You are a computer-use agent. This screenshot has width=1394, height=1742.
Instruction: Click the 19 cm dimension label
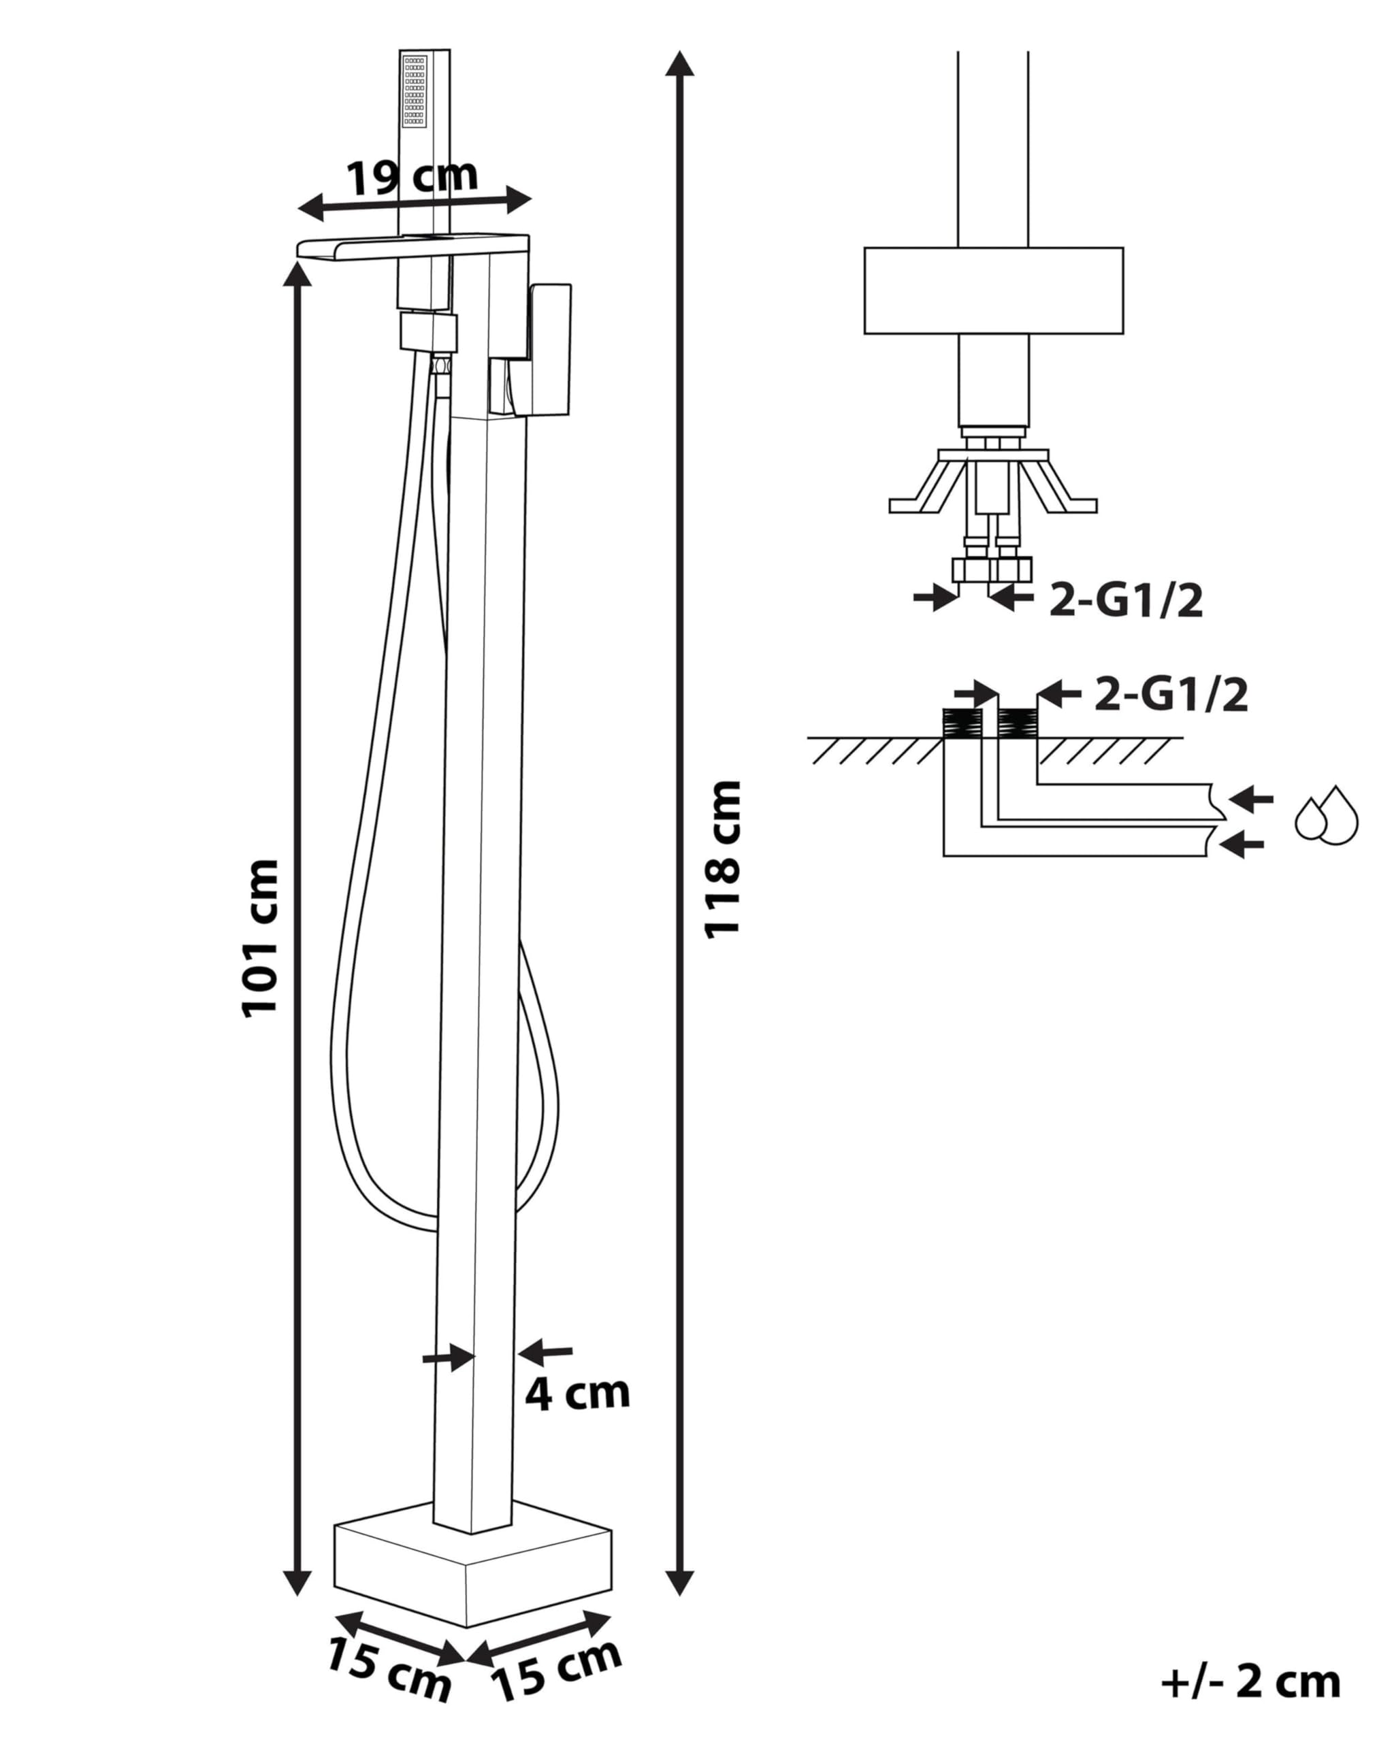pos(412,177)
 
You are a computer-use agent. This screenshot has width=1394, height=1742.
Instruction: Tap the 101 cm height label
pos(260,937)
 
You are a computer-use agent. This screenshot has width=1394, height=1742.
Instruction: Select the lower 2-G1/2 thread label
pos(1171,695)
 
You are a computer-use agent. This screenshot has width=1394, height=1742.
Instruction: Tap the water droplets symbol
pos(1326,815)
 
